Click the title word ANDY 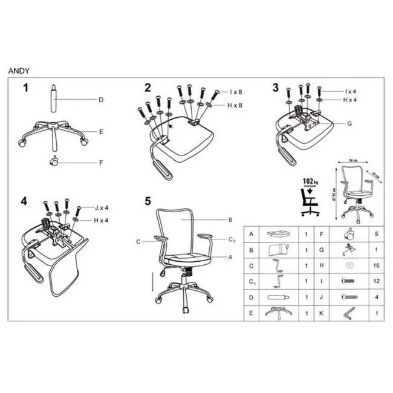tap(18, 70)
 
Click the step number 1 tap(26, 88)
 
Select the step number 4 tap(24, 200)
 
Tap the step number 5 tap(148, 200)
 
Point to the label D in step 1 tap(102, 100)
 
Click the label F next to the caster tap(102, 163)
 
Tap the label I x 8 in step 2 tap(236, 92)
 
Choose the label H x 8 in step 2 tap(236, 106)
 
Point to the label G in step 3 tap(349, 123)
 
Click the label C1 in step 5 tap(232, 240)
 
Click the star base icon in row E tap(278, 314)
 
